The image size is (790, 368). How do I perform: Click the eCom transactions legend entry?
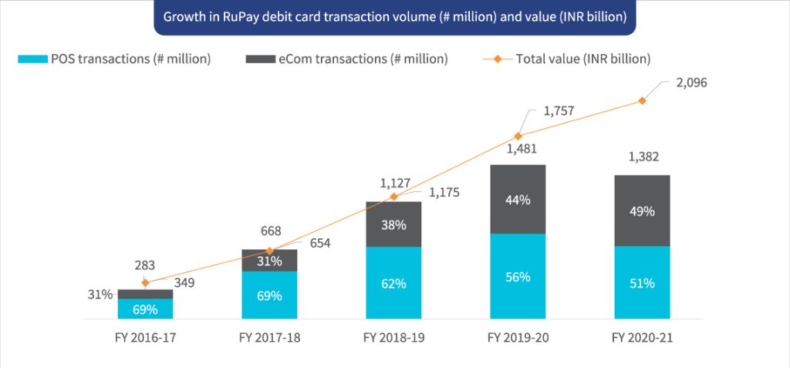pos(346,59)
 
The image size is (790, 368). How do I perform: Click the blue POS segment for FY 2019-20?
pos(518,276)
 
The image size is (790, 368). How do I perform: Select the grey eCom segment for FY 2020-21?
pos(642,211)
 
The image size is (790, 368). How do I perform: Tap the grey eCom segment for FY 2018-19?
pos(393,225)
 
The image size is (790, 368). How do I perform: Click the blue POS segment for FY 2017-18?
pos(269,295)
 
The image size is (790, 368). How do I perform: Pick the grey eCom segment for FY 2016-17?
pos(145,294)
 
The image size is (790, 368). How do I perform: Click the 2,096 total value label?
pos(691,83)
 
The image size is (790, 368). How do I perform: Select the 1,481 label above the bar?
pos(518,150)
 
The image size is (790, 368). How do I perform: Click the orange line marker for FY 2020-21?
pos(642,101)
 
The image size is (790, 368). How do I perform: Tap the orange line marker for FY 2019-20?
pos(518,137)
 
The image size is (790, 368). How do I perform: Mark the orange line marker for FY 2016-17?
pos(145,283)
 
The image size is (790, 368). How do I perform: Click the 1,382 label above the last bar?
pos(642,157)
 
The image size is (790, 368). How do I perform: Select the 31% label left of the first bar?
pos(100,294)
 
